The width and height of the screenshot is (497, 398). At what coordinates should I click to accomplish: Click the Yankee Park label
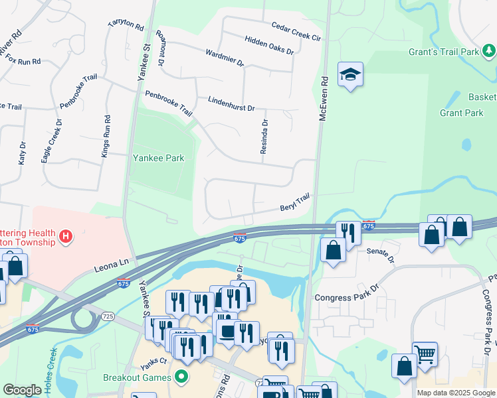[157, 158]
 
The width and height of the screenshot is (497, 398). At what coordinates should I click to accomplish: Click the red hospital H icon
[65, 235]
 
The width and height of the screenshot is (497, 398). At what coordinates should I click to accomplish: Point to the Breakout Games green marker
[180, 377]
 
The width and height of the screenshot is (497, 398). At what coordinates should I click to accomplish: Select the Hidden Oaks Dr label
[269, 45]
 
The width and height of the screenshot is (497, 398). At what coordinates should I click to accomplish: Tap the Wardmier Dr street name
[225, 58]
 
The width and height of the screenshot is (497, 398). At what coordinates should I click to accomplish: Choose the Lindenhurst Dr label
[231, 104]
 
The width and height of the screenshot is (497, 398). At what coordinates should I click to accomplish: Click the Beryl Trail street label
[295, 202]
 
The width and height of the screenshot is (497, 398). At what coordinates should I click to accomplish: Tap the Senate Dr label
[381, 255]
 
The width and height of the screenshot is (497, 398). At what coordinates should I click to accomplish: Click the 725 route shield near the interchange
[108, 317]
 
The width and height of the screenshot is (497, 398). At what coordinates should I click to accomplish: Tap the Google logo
[22, 390]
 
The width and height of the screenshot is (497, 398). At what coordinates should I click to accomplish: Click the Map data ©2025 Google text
[456, 393]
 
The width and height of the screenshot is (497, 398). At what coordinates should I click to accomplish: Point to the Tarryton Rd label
[126, 26]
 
